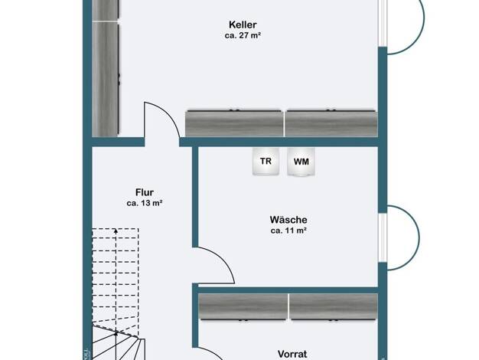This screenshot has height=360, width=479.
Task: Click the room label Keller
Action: pos(243,25)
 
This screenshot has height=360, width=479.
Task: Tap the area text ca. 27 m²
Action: pos(243,35)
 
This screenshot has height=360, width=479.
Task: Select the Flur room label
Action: pos(145,192)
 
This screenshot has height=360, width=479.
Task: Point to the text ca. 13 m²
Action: pos(145,203)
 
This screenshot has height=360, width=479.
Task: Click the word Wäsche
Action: pos(288,220)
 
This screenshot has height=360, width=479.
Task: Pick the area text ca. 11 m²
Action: pos(288,231)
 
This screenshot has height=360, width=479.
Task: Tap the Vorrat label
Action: pos(292,354)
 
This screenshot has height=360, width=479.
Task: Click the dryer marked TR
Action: pos(266,161)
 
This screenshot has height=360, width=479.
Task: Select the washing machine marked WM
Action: pos(301,162)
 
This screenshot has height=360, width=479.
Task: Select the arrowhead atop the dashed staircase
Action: pos(116,231)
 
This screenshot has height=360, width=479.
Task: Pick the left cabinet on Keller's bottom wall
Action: pos(234,123)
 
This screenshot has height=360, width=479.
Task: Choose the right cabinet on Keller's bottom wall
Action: pos(331,123)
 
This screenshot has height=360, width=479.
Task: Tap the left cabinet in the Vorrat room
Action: pos(243,307)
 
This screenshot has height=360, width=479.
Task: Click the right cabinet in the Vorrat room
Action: pos(334,307)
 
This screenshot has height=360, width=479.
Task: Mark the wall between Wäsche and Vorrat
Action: pos(288,290)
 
